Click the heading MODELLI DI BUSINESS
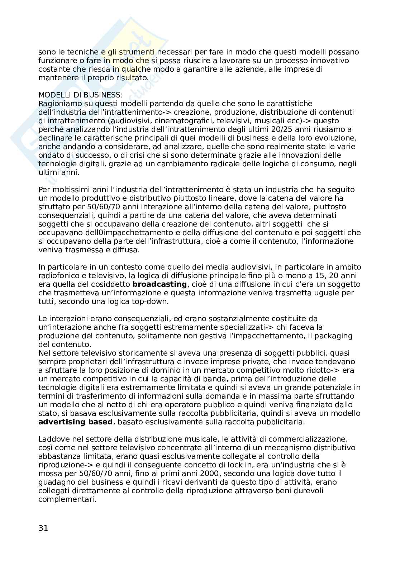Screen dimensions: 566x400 pos(80,95)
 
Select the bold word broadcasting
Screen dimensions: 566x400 pos(159,284)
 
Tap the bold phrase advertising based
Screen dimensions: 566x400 pos(76,422)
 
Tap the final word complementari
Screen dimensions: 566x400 pos(67,499)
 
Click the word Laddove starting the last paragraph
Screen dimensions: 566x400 pos(52,439)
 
